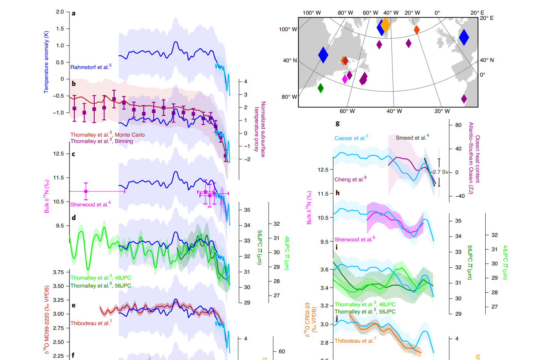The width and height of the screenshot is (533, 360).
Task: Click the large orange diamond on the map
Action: [x=385, y=25]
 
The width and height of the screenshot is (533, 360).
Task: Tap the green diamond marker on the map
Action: [x=320, y=88]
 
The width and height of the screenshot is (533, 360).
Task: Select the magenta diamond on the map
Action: [x=345, y=79]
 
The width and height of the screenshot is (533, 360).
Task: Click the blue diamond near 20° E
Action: [x=464, y=37]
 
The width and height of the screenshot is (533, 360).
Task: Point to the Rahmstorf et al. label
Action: [x=91, y=67]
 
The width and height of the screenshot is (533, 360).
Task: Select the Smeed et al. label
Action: [x=412, y=138]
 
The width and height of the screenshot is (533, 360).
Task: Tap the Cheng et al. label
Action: [x=350, y=179]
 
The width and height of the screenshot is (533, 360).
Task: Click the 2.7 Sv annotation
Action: [x=440, y=172]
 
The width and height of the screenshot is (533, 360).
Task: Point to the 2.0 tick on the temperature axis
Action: [x=60, y=12]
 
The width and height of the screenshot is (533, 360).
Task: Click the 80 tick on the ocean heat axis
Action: [x=458, y=125]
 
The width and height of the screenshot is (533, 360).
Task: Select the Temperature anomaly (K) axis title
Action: [x=46, y=62]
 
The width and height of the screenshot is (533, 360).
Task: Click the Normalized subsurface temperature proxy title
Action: [x=260, y=129]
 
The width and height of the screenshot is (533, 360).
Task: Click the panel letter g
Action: [x=337, y=123]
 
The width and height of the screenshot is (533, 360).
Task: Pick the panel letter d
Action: [x=74, y=218]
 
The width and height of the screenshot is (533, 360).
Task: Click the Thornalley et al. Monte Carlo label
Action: [x=107, y=135]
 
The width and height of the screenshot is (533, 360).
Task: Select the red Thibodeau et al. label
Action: [x=91, y=323]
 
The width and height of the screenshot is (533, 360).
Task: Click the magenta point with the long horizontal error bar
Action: [x=86, y=191]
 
